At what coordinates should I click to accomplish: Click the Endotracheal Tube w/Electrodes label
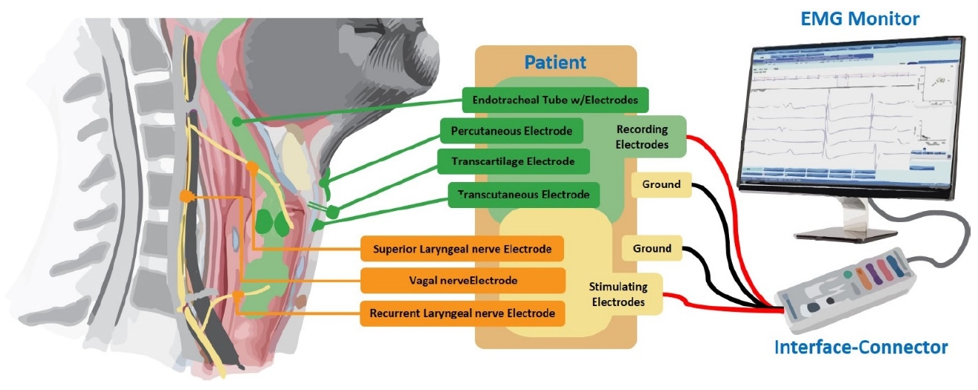point(554,99)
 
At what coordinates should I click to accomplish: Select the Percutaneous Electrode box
point(511,131)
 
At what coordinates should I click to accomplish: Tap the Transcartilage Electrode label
point(513,161)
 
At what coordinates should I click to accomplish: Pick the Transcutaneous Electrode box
point(523,195)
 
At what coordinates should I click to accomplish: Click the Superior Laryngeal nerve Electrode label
point(461,249)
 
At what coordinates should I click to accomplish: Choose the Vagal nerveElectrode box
point(461,281)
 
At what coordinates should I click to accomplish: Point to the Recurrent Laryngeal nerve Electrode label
point(461,313)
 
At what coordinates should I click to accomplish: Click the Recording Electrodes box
point(644,136)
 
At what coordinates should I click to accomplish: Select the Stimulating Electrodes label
point(618,294)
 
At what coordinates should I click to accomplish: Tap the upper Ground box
point(661,184)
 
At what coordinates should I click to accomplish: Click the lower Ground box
point(651,249)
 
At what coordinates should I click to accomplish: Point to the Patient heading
point(555,62)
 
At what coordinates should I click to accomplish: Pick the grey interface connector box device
point(847,286)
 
